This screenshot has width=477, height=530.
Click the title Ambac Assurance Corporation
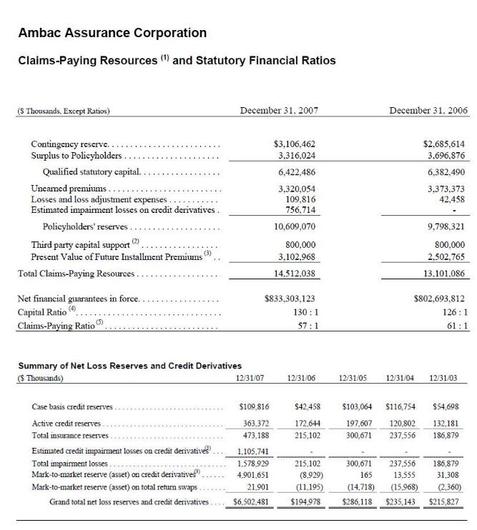coord(112,33)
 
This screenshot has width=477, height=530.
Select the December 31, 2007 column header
coord(279,111)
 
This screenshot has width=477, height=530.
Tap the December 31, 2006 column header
coord(428,111)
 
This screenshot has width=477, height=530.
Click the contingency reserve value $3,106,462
coord(295,144)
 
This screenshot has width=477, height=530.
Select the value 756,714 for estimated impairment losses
coord(300,210)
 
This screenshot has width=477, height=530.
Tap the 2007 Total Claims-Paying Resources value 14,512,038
coord(295,274)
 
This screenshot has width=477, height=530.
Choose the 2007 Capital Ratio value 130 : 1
coord(305,312)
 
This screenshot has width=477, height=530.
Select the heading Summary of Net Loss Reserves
coord(129,366)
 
